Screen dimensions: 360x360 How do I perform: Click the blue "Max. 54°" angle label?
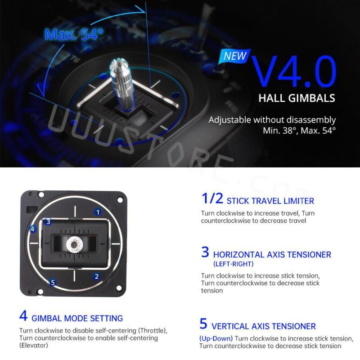(x=74, y=35)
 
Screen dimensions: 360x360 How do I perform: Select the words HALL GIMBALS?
(x=297, y=98)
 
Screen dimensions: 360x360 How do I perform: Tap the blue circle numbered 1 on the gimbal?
(x=98, y=211)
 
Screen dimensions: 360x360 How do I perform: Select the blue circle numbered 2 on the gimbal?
(x=97, y=277)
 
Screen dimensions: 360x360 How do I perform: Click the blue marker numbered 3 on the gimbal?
(x=49, y=221)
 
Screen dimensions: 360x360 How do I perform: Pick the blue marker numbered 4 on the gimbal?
(x=32, y=229)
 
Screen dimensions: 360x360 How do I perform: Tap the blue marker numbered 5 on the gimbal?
(x=53, y=283)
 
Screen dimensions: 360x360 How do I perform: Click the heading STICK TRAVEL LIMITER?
(x=270, y=201)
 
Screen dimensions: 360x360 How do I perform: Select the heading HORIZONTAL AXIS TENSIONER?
(x=272, y=254)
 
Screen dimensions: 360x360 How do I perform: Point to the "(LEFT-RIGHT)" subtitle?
(x=233, y=264)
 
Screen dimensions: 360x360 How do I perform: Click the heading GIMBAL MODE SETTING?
(x=77, y=318)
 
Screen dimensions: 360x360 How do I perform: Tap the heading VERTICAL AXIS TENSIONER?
(x=264, y=326)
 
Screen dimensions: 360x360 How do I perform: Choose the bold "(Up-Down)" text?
(x=216, y=338)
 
